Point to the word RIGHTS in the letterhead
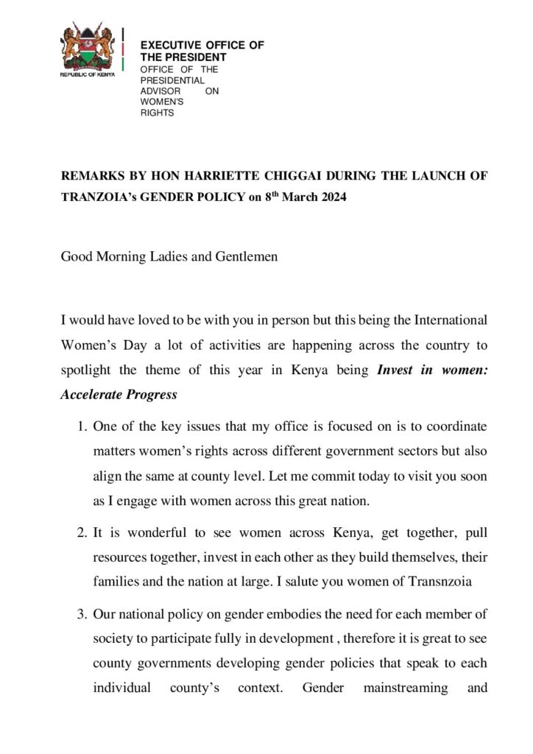click(x=157, y=113)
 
